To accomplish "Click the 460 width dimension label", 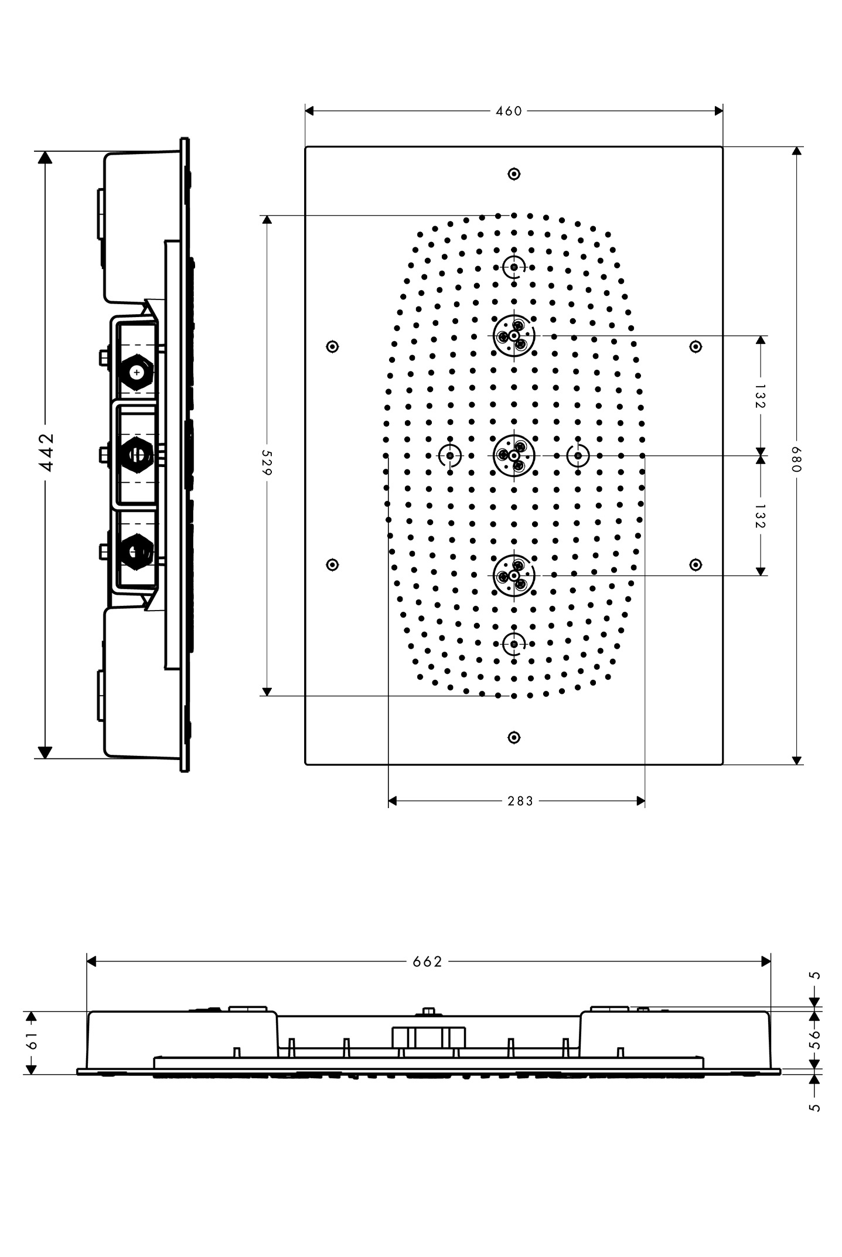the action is click(509, 111).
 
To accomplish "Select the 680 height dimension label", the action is click(796, 459).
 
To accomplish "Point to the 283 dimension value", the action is click(520, 800).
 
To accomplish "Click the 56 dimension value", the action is click(814, 1039).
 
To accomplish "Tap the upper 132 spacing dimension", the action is click(761, 396).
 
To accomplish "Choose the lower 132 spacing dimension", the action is click(761, 516).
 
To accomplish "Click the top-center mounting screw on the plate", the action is click(514, 173).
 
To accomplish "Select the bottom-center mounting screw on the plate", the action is click(514, 737).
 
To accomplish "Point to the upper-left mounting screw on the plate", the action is click(332, 346).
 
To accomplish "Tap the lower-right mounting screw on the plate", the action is click(696, 564).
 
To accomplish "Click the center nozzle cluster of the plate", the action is click(514, 455).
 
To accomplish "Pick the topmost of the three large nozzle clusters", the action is click(514, 336).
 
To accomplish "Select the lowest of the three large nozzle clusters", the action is click(514, 575).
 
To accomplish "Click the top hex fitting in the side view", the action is click(137, 372).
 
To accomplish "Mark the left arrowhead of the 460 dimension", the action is click(310, 111).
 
